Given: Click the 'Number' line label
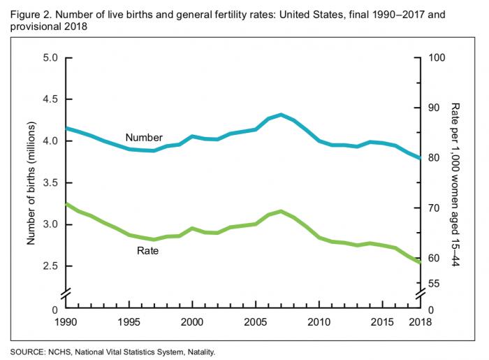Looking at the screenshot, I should tap(144, 138).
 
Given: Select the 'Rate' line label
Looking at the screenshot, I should tap(147, 250).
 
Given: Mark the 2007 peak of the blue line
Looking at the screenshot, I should tap(281, 115).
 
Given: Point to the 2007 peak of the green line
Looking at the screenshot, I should tap(281, 211).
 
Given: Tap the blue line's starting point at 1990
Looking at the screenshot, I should tap(65, 128).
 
